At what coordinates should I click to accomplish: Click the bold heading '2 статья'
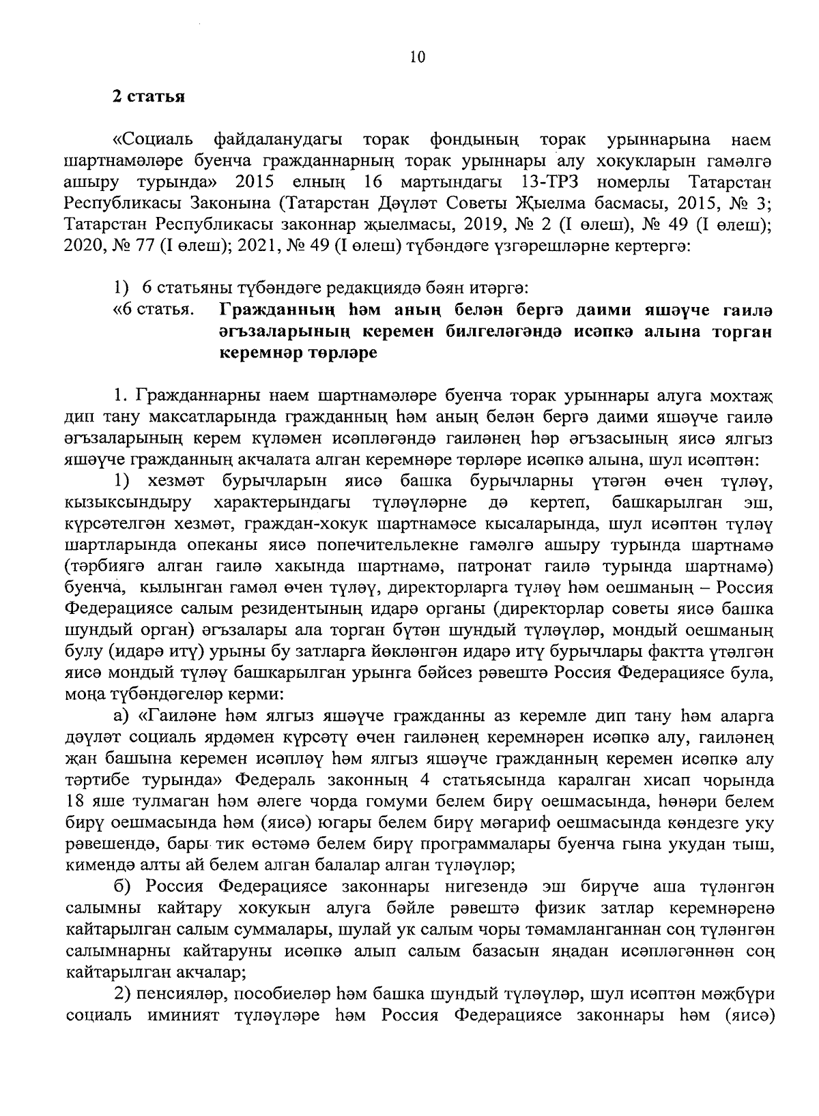tap(149, 96)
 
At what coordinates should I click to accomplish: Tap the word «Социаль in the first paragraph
tap(152, 140)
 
